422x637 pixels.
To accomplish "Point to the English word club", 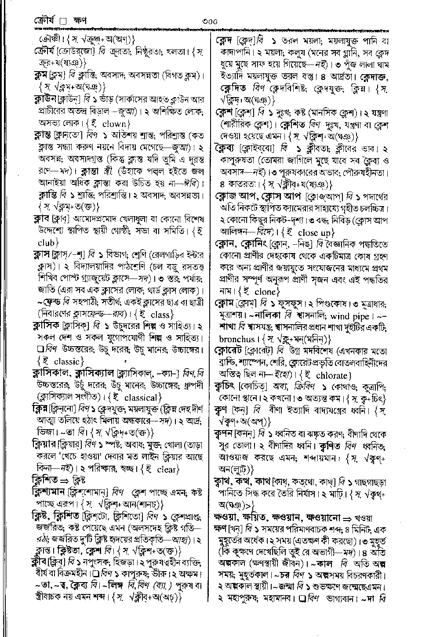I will click(46, 242).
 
